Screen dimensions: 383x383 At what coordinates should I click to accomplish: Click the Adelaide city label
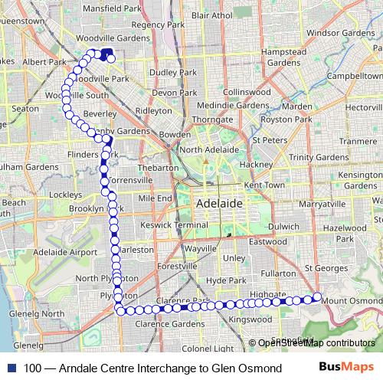click(x=220, y=205)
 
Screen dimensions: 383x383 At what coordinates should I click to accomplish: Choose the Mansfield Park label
click(x=111, y=10)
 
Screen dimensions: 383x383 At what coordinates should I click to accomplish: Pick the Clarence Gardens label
click(x=167, y=323)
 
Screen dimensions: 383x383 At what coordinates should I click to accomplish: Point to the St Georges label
click(x=326, y=268)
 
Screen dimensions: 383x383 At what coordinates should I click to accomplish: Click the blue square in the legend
click(x=12, y=368)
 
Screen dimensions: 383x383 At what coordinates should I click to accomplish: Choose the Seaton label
click(x=25, y=110)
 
